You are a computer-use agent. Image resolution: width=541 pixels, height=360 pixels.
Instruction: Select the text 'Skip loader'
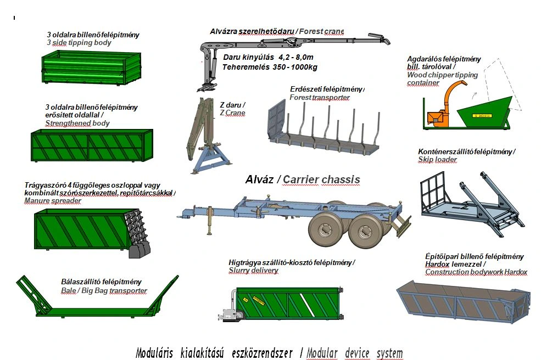point(437,160)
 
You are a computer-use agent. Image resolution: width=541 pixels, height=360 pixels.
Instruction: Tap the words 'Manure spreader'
point(53,201)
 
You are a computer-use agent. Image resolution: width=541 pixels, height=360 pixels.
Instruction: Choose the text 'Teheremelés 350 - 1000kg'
point(270,67)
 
